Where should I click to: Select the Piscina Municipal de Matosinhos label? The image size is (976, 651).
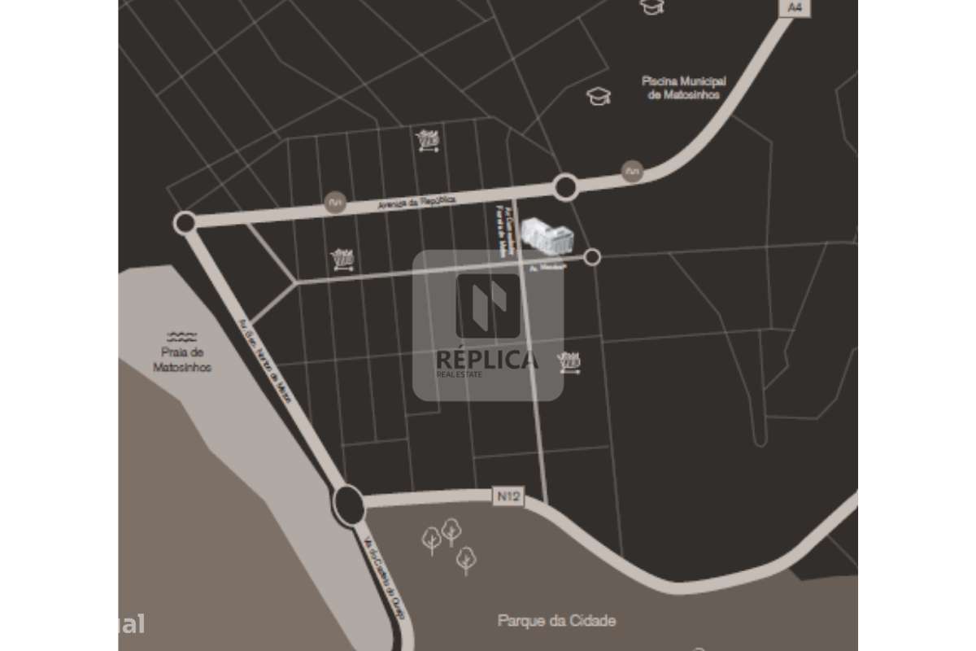pos(683,88)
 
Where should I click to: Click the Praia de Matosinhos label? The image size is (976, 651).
pos(182,360)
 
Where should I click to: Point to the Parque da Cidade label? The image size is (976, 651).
pos(556,620)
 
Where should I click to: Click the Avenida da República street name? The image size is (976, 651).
pos(416,202)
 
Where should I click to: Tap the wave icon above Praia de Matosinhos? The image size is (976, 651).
pos(182,336)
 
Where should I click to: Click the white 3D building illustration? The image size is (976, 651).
pos(547,236)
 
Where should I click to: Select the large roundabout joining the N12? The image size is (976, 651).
pos(349,505)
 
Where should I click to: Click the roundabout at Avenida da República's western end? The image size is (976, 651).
pos(185,222)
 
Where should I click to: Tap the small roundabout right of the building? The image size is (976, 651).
pos(592,257)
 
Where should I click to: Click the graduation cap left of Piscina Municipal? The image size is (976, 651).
pos(599,97)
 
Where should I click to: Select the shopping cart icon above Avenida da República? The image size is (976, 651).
pos(428,140)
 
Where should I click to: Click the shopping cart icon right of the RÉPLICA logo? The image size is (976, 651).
pos(569,361)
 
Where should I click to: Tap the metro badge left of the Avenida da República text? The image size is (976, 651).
pos(333,203)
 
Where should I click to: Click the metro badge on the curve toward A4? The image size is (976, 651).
pos(632,171)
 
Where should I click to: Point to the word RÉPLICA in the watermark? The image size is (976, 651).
pos(487,360)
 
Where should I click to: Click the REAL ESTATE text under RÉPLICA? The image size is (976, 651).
pos(460,375)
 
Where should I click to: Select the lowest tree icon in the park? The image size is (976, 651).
pos(465,559)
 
